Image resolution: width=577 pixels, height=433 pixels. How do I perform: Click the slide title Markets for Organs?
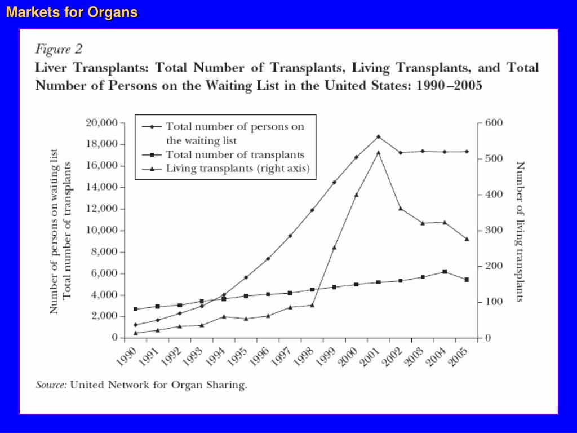point(72,12)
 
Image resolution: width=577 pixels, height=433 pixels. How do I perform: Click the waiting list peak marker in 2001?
point(378,136)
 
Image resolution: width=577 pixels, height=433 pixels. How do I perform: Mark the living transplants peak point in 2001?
point(378,152)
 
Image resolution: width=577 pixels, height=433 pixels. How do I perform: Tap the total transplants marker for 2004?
point(445,272)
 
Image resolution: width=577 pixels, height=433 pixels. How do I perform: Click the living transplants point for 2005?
point(467,238)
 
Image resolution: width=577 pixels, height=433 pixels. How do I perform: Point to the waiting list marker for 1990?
point(135,325)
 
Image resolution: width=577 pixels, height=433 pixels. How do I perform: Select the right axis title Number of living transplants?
point(520,231)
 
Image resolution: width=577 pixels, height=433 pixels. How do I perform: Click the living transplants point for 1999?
point(334,247)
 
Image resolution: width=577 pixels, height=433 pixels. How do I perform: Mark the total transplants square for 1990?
point(135,309)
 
